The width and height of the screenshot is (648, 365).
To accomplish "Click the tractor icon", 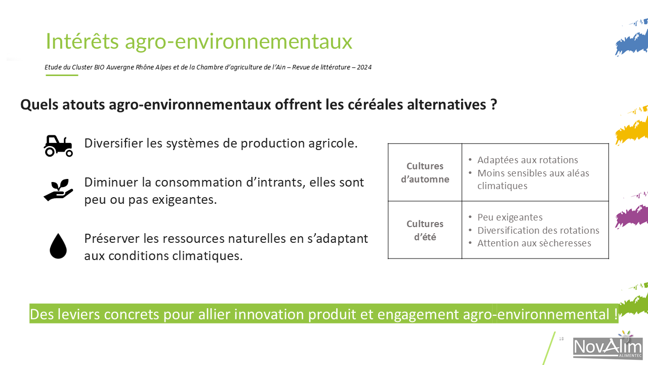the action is click(58, 145).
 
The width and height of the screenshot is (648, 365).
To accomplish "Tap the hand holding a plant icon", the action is click(58, 190).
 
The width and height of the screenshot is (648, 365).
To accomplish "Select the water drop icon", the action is click(58, 246).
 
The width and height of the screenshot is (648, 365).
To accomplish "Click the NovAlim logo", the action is click(607, 346).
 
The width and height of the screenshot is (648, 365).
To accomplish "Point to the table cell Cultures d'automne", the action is click(425, 172).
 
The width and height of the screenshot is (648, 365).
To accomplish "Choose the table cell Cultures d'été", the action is click(425, 230).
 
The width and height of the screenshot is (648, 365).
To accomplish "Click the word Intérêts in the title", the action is click(82, 41).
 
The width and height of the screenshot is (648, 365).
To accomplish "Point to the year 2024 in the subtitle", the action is click(364, 67).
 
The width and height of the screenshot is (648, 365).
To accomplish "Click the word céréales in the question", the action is click(375, 104).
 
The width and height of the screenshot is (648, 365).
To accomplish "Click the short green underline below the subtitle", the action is click(62, 76).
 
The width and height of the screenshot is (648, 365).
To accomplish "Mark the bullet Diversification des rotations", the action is click(538, 230).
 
